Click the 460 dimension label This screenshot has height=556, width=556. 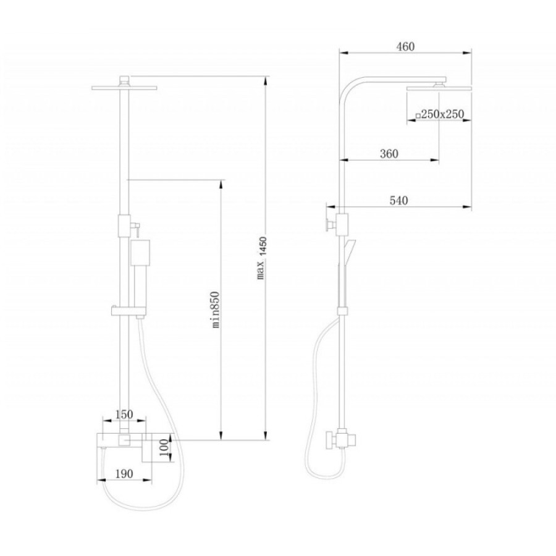[405, 46]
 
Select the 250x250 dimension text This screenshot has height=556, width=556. [442, 114]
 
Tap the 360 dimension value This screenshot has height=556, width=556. [389, 154]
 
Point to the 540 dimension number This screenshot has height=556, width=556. [399, 201]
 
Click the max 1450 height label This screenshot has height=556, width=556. [261, 258]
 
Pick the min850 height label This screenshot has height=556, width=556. [216, 310]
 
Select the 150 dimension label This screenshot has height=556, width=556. [124, 414]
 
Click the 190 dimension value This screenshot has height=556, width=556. [124, 474]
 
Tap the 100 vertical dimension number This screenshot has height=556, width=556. [164, 449]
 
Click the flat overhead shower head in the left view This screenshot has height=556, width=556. [124, 88]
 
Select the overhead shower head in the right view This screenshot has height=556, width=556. [439, 88]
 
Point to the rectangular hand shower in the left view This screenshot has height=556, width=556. [140, 253]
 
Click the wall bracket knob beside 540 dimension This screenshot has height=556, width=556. [329, 225]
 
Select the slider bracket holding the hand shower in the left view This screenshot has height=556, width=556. [128, 311]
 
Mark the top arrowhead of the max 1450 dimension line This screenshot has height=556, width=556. [265, 81]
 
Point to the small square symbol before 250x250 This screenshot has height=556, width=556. [418, 116]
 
